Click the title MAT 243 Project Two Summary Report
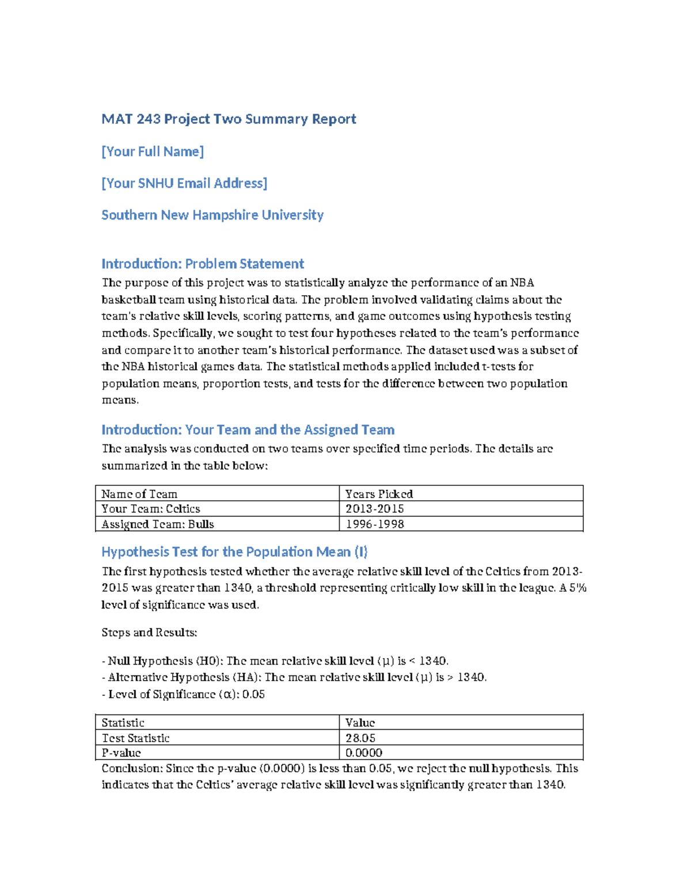(229, 119)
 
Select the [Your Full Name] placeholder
(153, 152)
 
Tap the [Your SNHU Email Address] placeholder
(184, 183)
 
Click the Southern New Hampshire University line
(212, 215)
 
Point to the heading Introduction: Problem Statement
(203, 264)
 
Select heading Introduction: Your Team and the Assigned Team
(248, 430)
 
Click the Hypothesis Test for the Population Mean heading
(234, 552)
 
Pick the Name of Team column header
(139, 494)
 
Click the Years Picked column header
(379, 494)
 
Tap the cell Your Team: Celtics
(151, 509)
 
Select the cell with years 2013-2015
(374, 509)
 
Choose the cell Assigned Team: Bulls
(158, 524)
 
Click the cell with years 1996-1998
(374, 524)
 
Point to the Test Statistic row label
(136, 738)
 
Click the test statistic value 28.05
(360, 738)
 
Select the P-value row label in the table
(122, 753)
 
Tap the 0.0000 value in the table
(364, 753)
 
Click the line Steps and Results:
(149, 633)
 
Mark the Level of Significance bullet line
(183, 694)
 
